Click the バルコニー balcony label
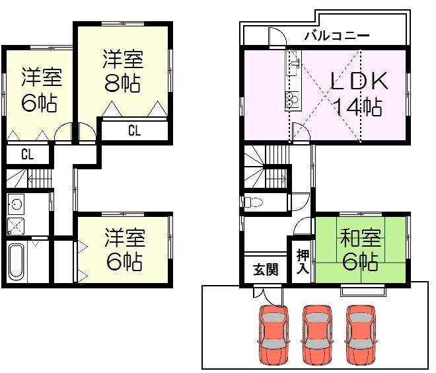pos(337,36)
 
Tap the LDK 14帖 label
pos(359,93)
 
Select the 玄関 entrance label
pos(266,269)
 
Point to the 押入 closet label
pos(303,261)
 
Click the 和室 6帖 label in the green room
pos(361,249)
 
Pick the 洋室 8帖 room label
pos(122,71)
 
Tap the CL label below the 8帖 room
pos(134,130)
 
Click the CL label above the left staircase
pos(28,154)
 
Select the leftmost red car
pos(273,335)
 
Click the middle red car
pos(316,335)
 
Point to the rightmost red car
pos(361,335)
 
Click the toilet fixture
pos(252,202)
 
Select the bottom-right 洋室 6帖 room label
pos(124,250)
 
